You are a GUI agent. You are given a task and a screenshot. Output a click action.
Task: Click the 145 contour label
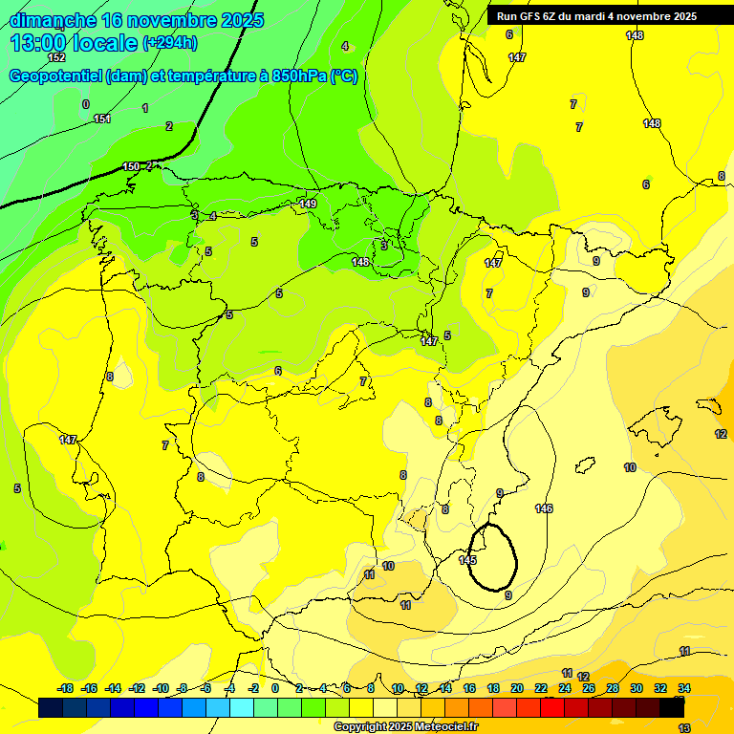click(x=467, y=560)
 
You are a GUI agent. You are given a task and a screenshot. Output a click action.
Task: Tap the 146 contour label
click(x=544, y=508)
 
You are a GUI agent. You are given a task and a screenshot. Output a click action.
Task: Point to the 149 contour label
click(x=308, y=204)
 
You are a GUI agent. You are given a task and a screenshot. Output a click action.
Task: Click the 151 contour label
click(x=102, y=119)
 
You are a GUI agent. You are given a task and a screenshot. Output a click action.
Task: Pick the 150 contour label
click(x=131, y=167)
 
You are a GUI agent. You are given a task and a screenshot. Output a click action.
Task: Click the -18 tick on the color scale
click(x=66, y=688)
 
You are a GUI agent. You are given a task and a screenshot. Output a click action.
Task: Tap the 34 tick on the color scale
click(x=684, y=688)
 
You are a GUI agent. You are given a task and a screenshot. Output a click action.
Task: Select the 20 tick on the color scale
click(x=517, y=688)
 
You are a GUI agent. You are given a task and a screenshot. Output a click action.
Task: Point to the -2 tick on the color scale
click(x=253, y=688)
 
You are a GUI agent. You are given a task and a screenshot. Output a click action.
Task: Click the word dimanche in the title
click(x=54, y=20)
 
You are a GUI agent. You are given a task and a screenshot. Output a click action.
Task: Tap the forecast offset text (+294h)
click(x=170, y=43)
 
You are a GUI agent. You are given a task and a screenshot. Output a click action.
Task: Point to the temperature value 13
click(x=684, y=728)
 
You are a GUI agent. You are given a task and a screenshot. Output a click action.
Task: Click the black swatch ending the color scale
click(x=673, y=708)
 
